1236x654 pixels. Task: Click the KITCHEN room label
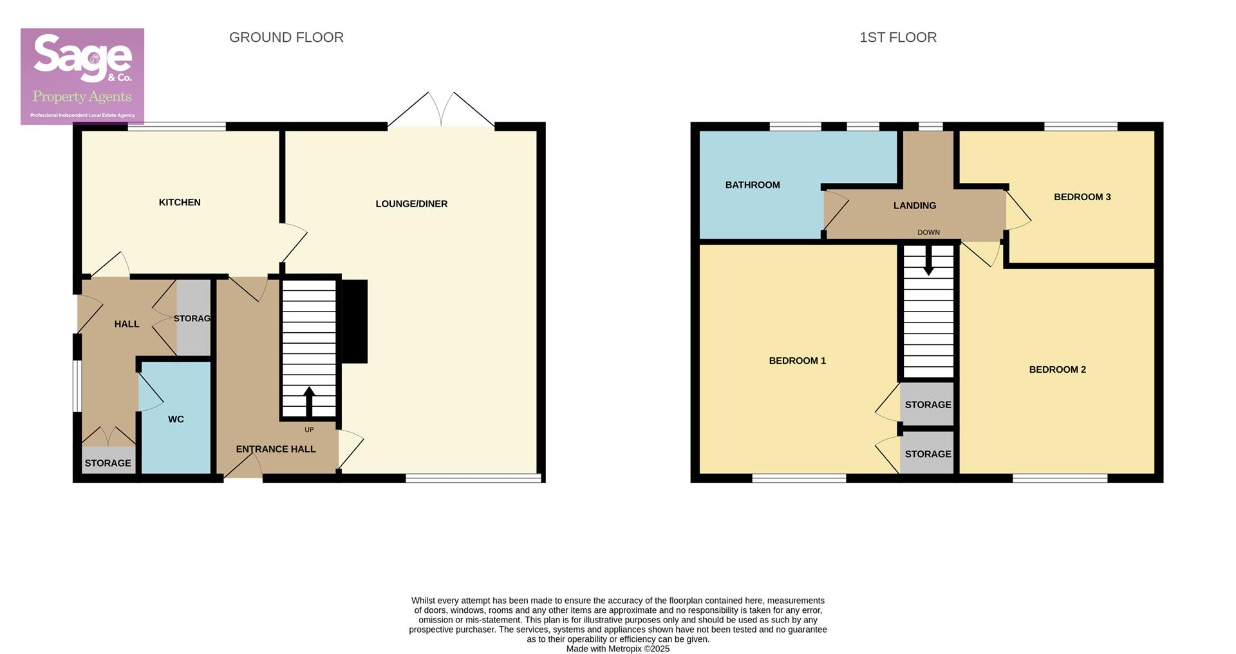(x=180, y=202)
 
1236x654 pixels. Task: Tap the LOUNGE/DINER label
(x=411, y=204)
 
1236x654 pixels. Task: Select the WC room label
(x=176, y=419)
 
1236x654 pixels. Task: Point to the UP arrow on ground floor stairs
(x=309, y=402)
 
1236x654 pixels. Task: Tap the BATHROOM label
(x=753, y=185)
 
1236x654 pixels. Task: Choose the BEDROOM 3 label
(x=1081, y=197)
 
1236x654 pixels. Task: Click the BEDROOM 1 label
(x=797, y=360)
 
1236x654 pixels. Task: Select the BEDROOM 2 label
(x=1057, y=369)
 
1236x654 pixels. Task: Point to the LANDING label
(x=914, y=205)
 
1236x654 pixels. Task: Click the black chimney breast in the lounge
(x=354, y=321)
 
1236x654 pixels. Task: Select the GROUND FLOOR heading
(x=286, y=37)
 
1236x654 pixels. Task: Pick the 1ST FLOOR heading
(x=898, y=37)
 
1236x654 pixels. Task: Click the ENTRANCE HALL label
(x=276, y=449)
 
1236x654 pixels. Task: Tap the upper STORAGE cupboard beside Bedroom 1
(x=928, y=405)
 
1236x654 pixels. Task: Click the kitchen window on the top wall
(x=176, y=127)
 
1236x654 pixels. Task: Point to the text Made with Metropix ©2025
(x=617, y=649)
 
